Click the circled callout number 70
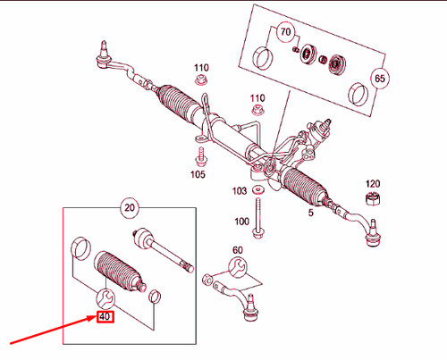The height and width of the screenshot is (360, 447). (x=285, y=33)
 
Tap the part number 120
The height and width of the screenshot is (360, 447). (x=374, y=182)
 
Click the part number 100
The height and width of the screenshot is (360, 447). (x=241, y=222)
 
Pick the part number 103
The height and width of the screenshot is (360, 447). (x=240, y=191)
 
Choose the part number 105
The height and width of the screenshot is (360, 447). (x=198, y=174)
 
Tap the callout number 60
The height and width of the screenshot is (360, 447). (x=237, y=249)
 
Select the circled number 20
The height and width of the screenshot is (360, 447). (x=131, y=209)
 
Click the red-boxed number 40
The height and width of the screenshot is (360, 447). (x=105, y=316)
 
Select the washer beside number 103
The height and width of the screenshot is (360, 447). (x=258, y=190)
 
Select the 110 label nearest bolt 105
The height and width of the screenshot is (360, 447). (x=200, y=68)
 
